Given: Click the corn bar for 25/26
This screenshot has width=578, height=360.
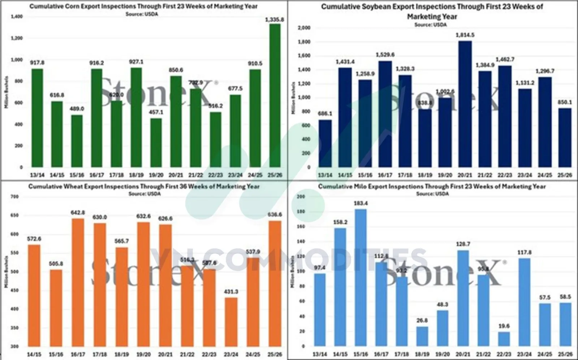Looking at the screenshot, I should point(275,96).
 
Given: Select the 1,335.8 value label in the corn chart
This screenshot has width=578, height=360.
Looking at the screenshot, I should point(275,19).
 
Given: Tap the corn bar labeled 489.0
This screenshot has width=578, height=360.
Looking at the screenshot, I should point(77,141).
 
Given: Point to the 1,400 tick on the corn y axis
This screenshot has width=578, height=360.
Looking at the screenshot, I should point(17,17).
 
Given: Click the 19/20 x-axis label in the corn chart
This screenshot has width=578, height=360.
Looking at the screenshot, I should point(156,175).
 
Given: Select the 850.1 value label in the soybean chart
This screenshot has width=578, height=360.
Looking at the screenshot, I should point(565,102).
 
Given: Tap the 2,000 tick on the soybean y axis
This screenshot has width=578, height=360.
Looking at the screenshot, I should point(304,28).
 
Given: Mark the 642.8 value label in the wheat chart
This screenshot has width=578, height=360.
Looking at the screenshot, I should point(78,213).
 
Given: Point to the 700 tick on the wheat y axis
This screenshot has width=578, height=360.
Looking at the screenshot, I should point(14,197).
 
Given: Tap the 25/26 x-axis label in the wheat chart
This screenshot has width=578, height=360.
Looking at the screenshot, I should point(275,355).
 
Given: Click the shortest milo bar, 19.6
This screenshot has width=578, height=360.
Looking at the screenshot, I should point(504,339).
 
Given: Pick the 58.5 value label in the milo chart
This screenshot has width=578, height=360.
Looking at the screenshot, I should point(565,297).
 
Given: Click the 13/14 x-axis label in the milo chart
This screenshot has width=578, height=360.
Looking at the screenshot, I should point(320,355).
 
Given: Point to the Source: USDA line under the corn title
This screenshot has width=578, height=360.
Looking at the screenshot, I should point(142,14).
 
